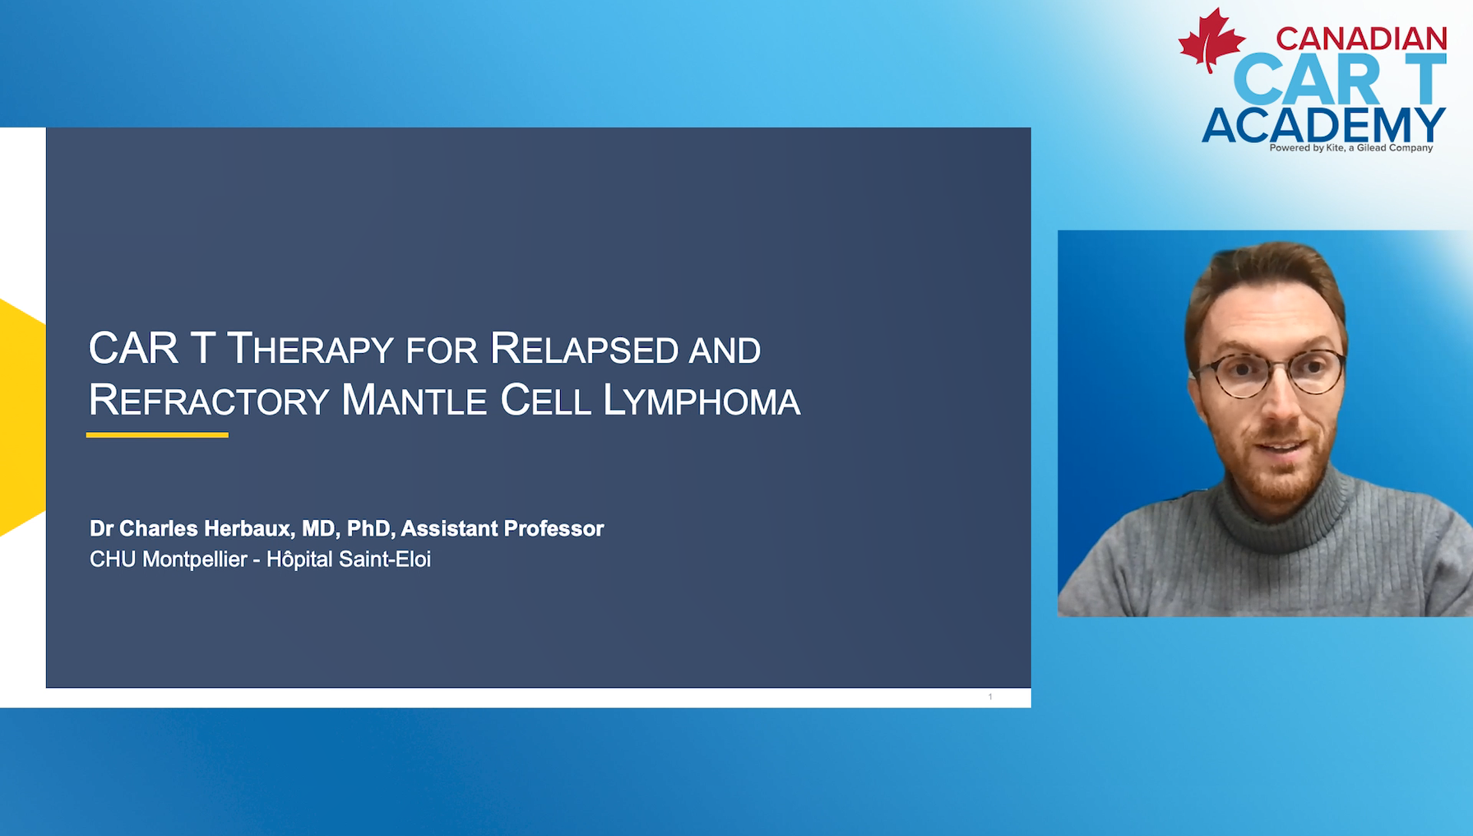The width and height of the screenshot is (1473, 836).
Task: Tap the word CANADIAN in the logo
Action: tap(1361, 39)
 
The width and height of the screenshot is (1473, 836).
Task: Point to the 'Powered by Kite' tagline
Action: tap(1350, 148)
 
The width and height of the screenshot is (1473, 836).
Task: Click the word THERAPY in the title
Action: tap(311, 349)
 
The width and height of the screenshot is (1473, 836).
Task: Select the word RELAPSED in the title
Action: tap(584, 349)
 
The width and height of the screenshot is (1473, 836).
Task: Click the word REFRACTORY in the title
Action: tap(209, 401)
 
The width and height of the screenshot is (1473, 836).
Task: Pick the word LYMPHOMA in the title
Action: tap(701, 401)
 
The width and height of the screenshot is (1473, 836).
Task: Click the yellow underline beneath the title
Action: tap(157, 434)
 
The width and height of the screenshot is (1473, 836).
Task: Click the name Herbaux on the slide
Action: tap(249, 528)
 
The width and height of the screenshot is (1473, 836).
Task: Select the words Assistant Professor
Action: tap(502, 528)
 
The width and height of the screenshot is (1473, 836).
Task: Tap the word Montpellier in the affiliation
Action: tap(195, 560)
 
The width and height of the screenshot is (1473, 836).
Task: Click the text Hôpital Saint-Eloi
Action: tap(349, 560)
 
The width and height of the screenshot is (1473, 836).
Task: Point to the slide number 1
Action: tap(990, 697)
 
